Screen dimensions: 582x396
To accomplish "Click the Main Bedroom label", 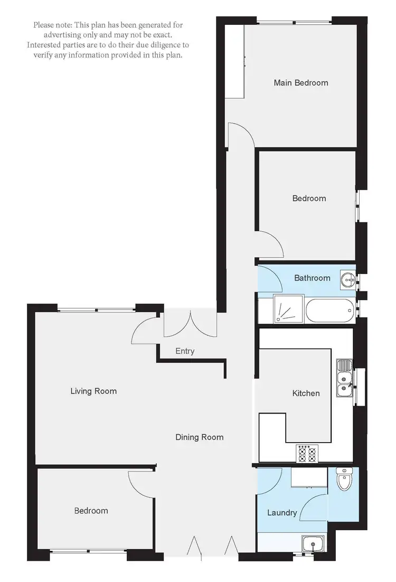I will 300,83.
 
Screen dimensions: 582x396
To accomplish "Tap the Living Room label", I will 93,391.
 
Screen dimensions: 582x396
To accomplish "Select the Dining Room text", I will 199,437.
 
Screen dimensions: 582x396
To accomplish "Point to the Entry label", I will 185,351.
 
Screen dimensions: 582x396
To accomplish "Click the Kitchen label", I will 306,393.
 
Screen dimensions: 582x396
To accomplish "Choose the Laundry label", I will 281,513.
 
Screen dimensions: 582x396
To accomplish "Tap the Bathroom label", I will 312,278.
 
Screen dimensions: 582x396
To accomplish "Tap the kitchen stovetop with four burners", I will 307,454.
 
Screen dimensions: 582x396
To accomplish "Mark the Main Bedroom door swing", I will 241,134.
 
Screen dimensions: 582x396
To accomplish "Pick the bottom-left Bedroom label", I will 91,511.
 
